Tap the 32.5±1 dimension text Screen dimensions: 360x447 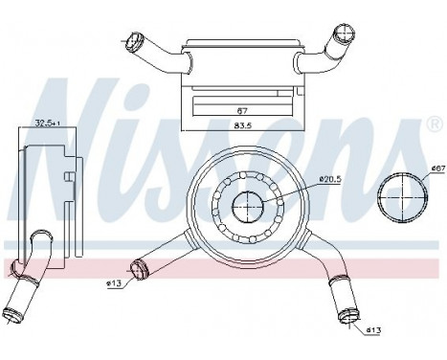point(47,122)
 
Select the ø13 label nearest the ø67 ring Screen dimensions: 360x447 point(373,330)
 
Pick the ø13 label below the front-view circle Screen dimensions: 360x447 point(113,283)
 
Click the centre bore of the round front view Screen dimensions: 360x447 point(249,206)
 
